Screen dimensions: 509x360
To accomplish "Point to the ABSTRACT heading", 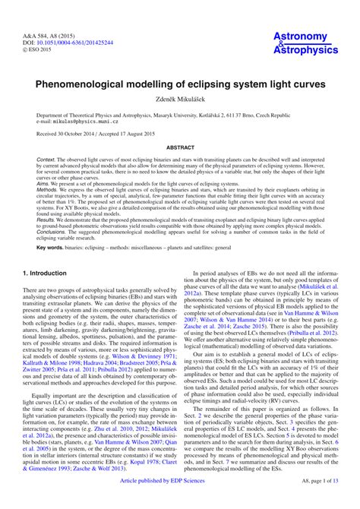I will point(180,148).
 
